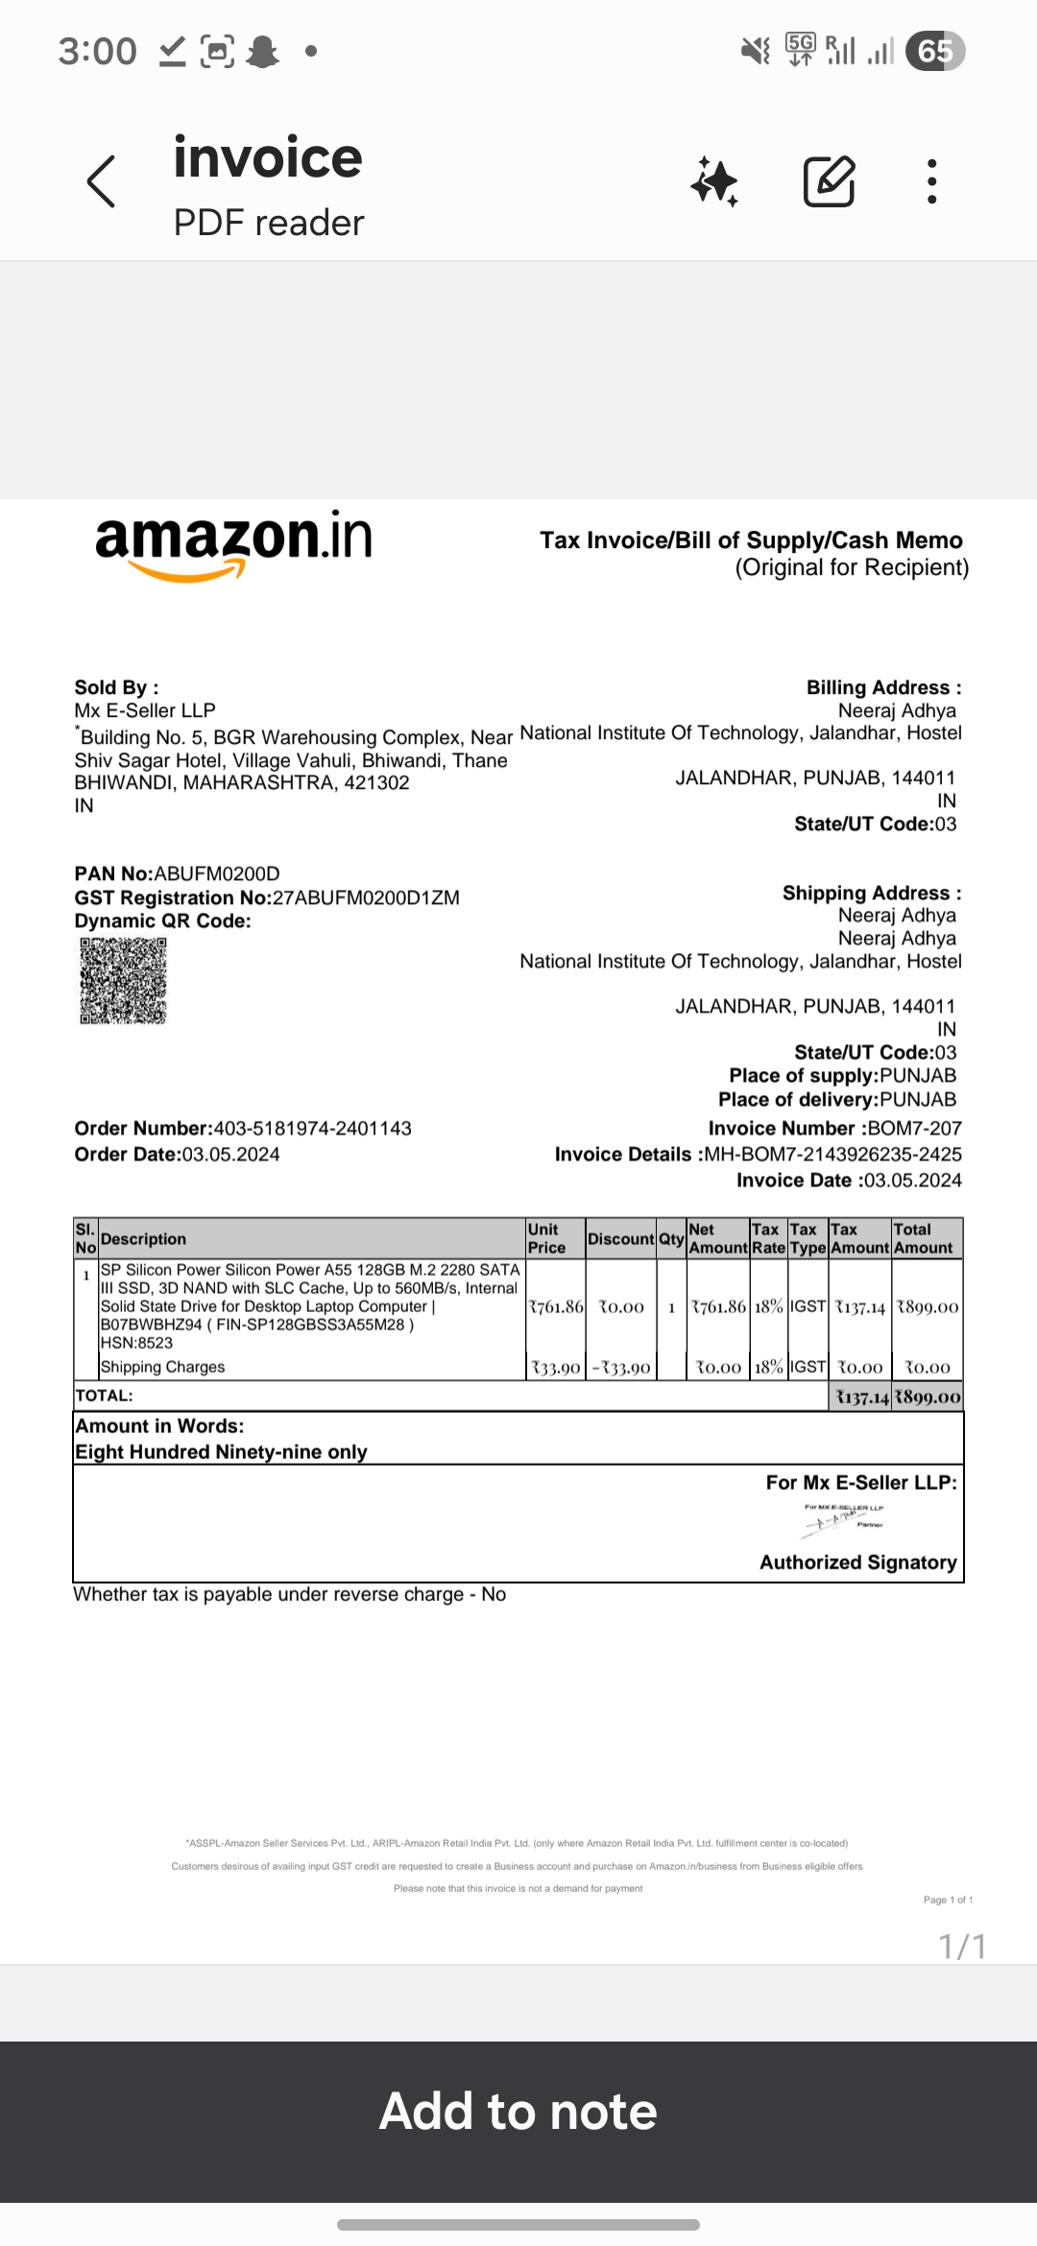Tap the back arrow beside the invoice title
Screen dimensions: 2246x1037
pos(102,181)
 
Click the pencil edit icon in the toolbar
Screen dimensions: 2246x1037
pos(829,181)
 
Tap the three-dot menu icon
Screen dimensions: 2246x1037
pos(931,181)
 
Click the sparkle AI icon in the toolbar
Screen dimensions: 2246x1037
pos(714,181)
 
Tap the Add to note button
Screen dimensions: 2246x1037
pos(518,2112)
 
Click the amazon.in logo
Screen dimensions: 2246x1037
pos(233,543)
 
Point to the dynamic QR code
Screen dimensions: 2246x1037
pos(123,981)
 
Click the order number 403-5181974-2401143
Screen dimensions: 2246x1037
pos(312,1129)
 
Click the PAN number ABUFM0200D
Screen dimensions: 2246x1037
pos(217,874)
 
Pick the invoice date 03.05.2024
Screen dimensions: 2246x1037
pos(913,1181)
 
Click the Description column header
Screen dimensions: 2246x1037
pos(143,1239)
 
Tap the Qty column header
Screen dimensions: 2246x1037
pos(671,1239)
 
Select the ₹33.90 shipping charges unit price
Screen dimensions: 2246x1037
pos(556,1368)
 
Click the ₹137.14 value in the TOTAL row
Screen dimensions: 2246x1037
pos(861,1398)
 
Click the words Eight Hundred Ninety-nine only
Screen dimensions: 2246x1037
pos(222,1452)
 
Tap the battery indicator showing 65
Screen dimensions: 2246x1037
pos(936,51)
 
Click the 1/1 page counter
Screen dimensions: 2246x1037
pos(962,1947)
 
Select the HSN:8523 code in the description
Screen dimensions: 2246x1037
pos(136,1344)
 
